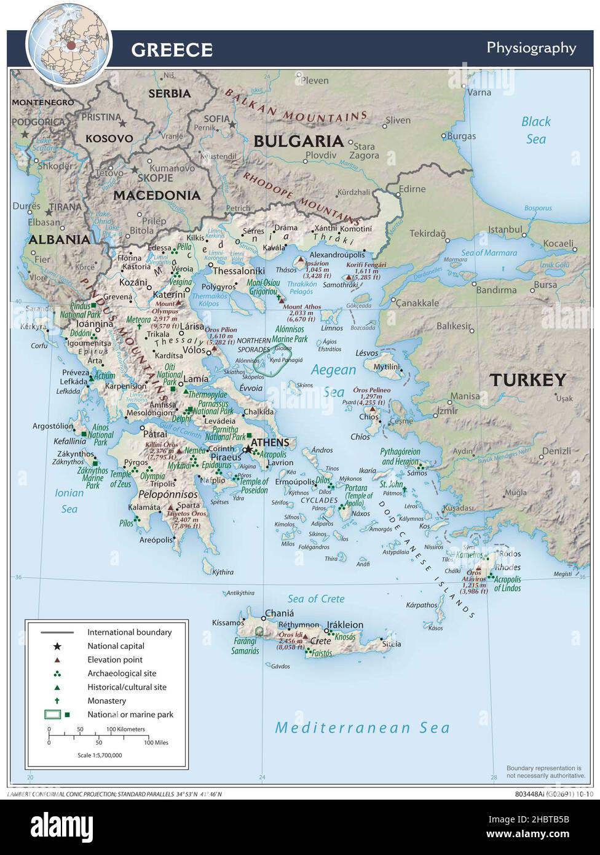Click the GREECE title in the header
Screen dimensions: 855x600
click(x=172, y=50)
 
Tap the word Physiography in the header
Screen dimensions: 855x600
click(x=531, y=48)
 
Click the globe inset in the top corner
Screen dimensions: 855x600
click(x=69, y=44)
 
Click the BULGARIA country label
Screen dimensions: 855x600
click(x=298, y=141)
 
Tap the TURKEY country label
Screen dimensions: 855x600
click(x=527, y=380)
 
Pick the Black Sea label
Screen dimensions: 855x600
click(x=535, y=130)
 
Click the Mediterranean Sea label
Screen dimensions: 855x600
click(x=362, y=728)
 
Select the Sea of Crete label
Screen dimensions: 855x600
click(x=316, y=598)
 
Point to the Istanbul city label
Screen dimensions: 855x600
click(x=505, y=229)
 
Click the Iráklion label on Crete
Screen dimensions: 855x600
click(x=344, y=625)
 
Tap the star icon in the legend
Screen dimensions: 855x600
click(x=57, y=646)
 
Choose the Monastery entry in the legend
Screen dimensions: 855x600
click(x=106, y=701)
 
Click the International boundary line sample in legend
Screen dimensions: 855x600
click(x=57, y=632)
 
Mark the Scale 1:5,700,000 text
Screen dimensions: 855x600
click(x=100, y=755)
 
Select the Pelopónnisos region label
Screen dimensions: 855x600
click(x=168, y=494)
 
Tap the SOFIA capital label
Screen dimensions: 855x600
click(x=216, y=119)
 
